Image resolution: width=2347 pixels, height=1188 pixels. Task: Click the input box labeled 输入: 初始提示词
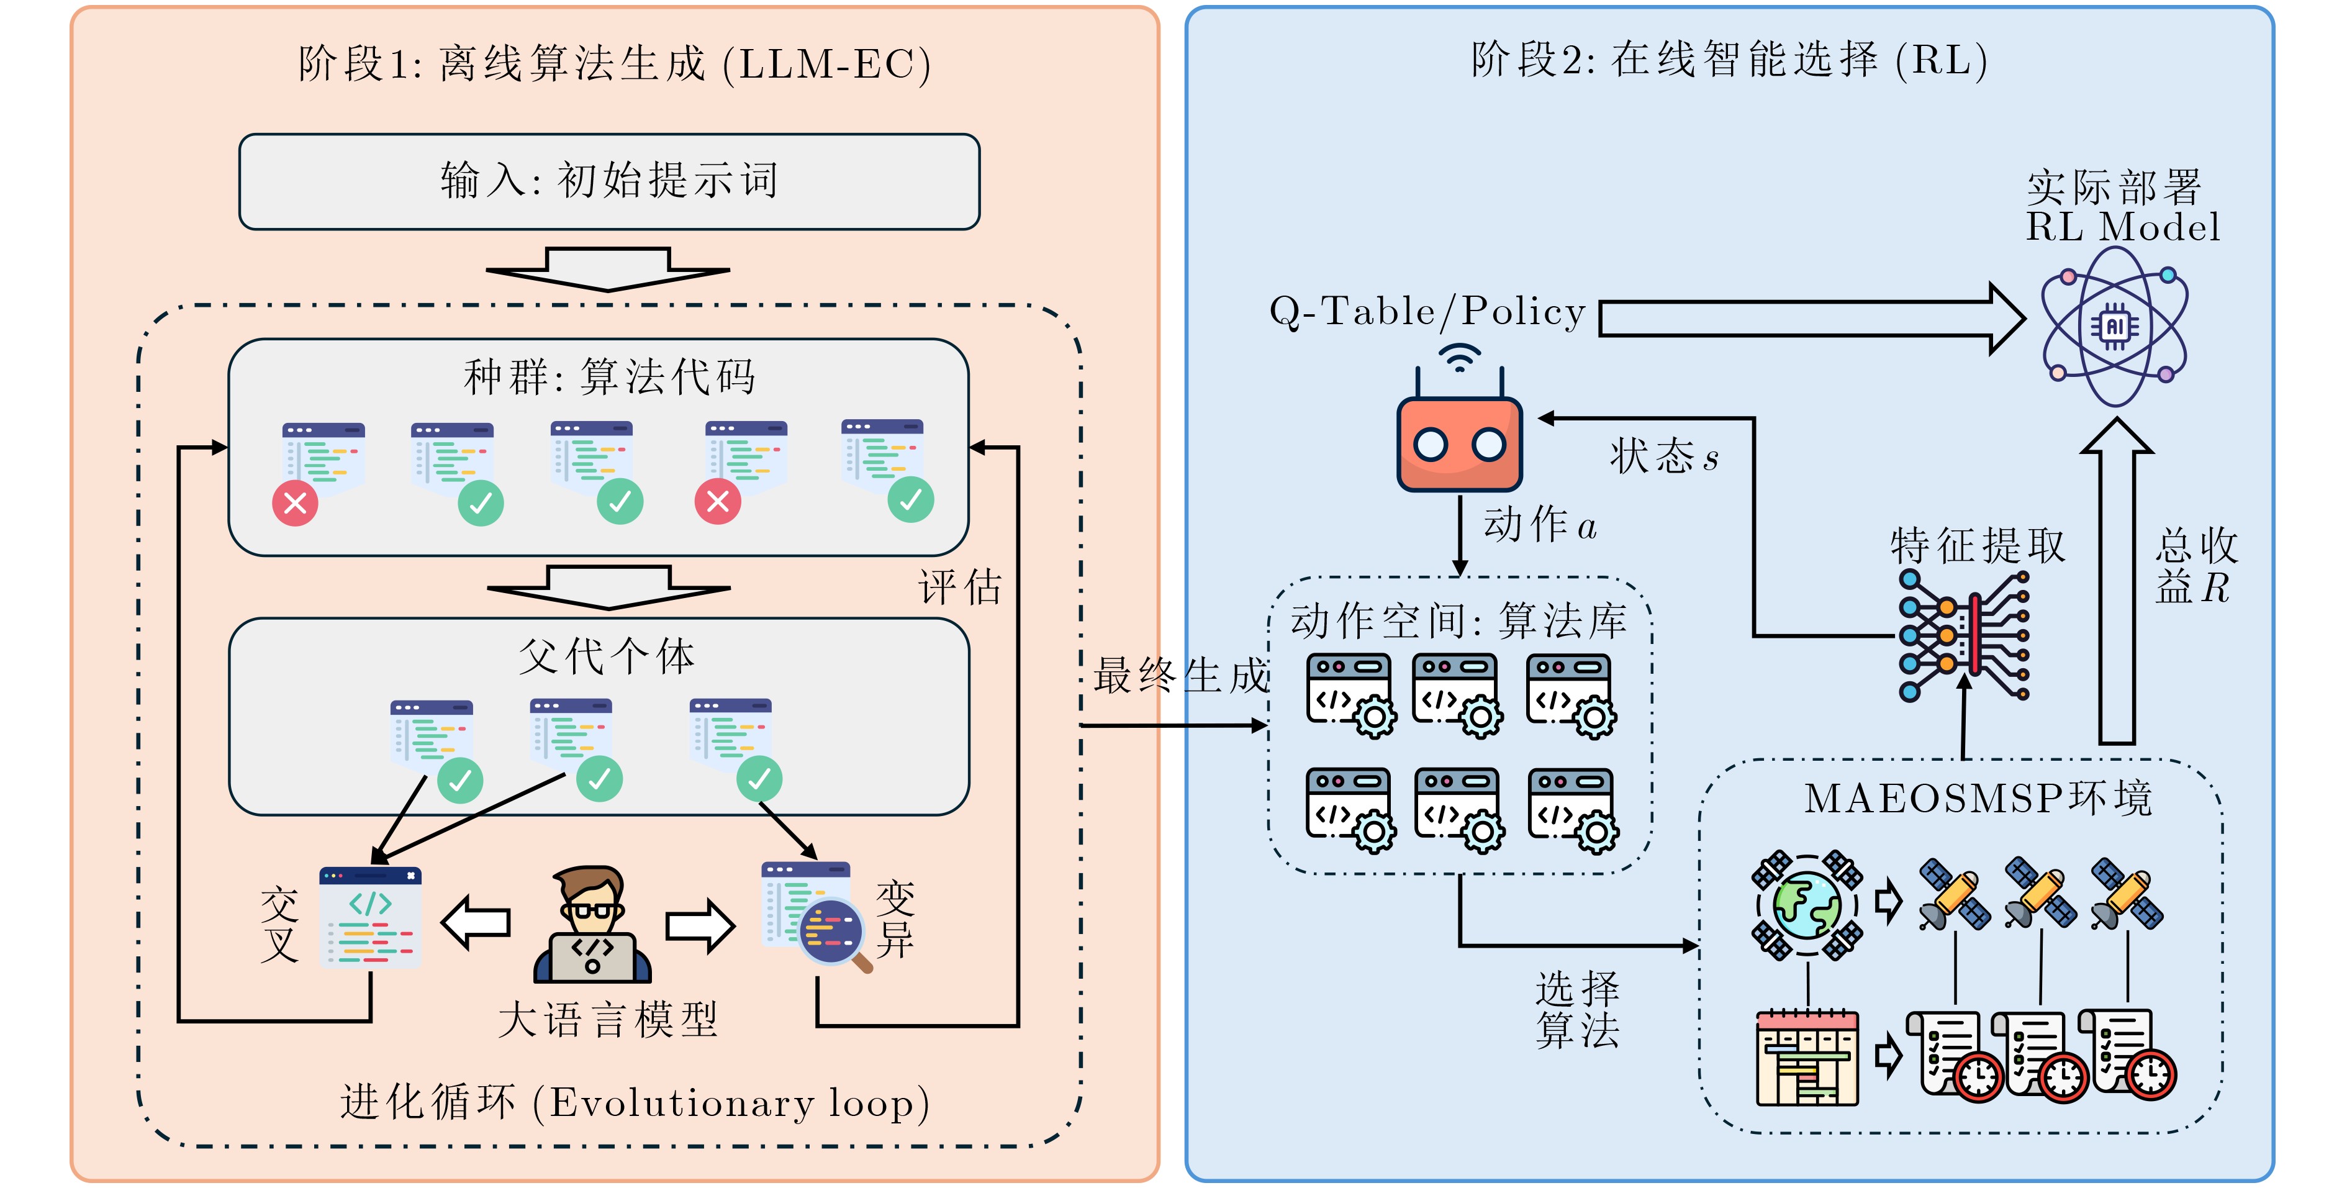pyautogui.click(x=608, y=181)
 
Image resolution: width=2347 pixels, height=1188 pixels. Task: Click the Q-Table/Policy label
pyautogui.click(x=1427, y=312)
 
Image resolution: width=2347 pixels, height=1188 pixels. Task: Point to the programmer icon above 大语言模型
pyautogui.click(x=592, y=924)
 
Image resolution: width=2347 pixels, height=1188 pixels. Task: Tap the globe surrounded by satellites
pyautogui.click(x=1807, y=905)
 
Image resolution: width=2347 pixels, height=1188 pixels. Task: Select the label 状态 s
pyautogui.click(x=1663, y=456)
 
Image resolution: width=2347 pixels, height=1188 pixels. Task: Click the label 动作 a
pyautogui.click(x=1540, y=525)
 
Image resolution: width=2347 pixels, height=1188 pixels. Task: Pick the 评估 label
pyautogui.click(x=959, y=587)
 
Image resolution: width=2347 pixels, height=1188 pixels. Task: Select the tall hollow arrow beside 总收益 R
pyautogui.click(x=2117, y=583)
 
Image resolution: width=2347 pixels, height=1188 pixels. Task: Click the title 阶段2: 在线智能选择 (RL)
pyautogui.click(x=1729, y=60)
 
